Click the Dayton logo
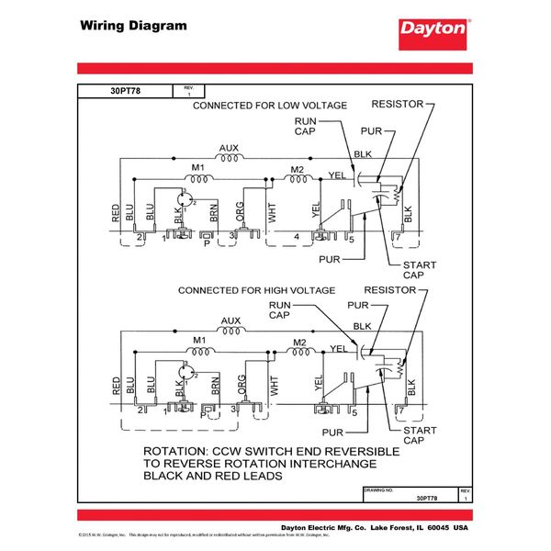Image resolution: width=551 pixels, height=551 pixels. pos(433,28)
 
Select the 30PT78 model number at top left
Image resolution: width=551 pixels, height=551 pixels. pos(126,91)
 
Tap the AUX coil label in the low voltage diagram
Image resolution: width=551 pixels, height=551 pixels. pos(230,148)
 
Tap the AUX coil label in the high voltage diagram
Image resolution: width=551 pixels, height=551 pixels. pos(230,321)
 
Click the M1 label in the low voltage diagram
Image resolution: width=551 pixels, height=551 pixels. pos(197,168)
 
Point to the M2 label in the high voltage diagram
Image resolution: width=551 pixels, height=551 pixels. pos(298,343)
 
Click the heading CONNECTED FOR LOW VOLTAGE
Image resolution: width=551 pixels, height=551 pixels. pos(269,106)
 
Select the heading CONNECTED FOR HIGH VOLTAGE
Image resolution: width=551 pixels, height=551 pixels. pos(255,290)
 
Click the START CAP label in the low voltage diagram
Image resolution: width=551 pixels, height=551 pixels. pos(419,270)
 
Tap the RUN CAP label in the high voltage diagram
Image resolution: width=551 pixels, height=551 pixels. pos(280,309)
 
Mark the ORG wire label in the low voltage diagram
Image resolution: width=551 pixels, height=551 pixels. pos(242,210)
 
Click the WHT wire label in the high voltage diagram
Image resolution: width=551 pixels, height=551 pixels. pos(272,387)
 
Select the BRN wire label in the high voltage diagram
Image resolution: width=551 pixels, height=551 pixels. pos(214,388)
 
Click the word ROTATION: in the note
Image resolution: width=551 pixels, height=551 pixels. pos(181,453)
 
